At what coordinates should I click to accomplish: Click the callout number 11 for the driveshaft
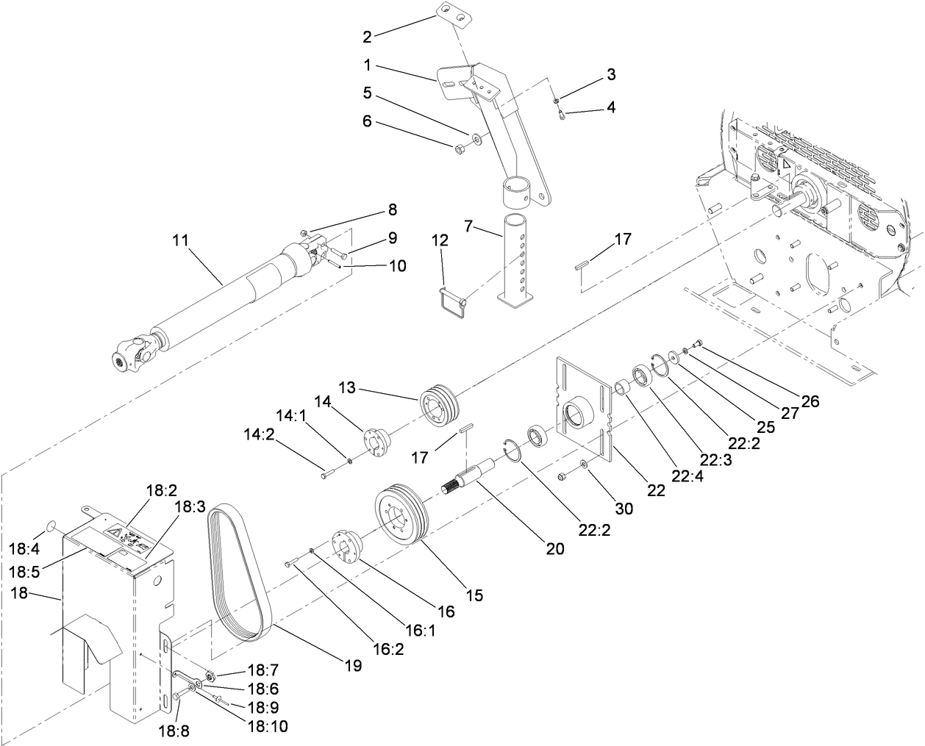(181, 240)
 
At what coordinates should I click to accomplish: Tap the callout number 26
(810, 402)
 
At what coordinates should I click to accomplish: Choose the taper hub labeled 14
(374, 445)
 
